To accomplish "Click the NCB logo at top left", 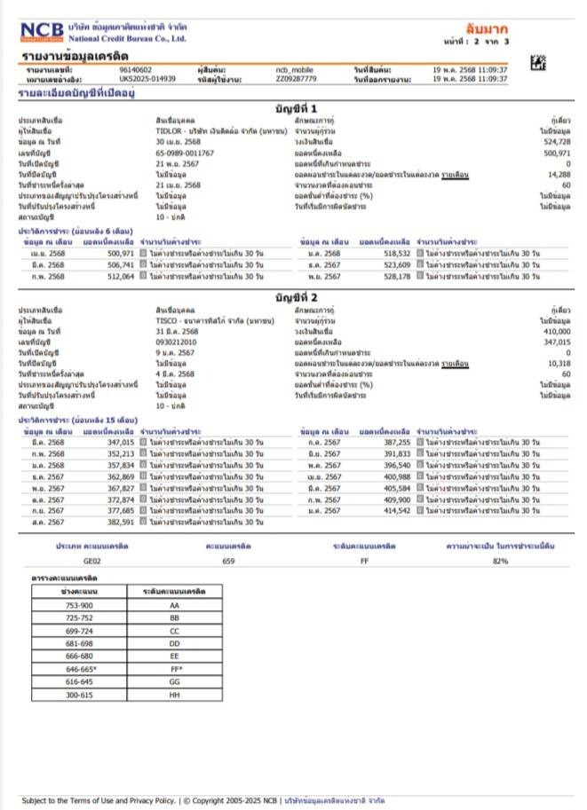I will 43,32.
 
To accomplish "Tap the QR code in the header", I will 538,63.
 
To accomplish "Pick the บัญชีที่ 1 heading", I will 301,107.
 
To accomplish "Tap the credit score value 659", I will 228,562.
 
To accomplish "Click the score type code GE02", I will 92,562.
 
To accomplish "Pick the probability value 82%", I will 500,562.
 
